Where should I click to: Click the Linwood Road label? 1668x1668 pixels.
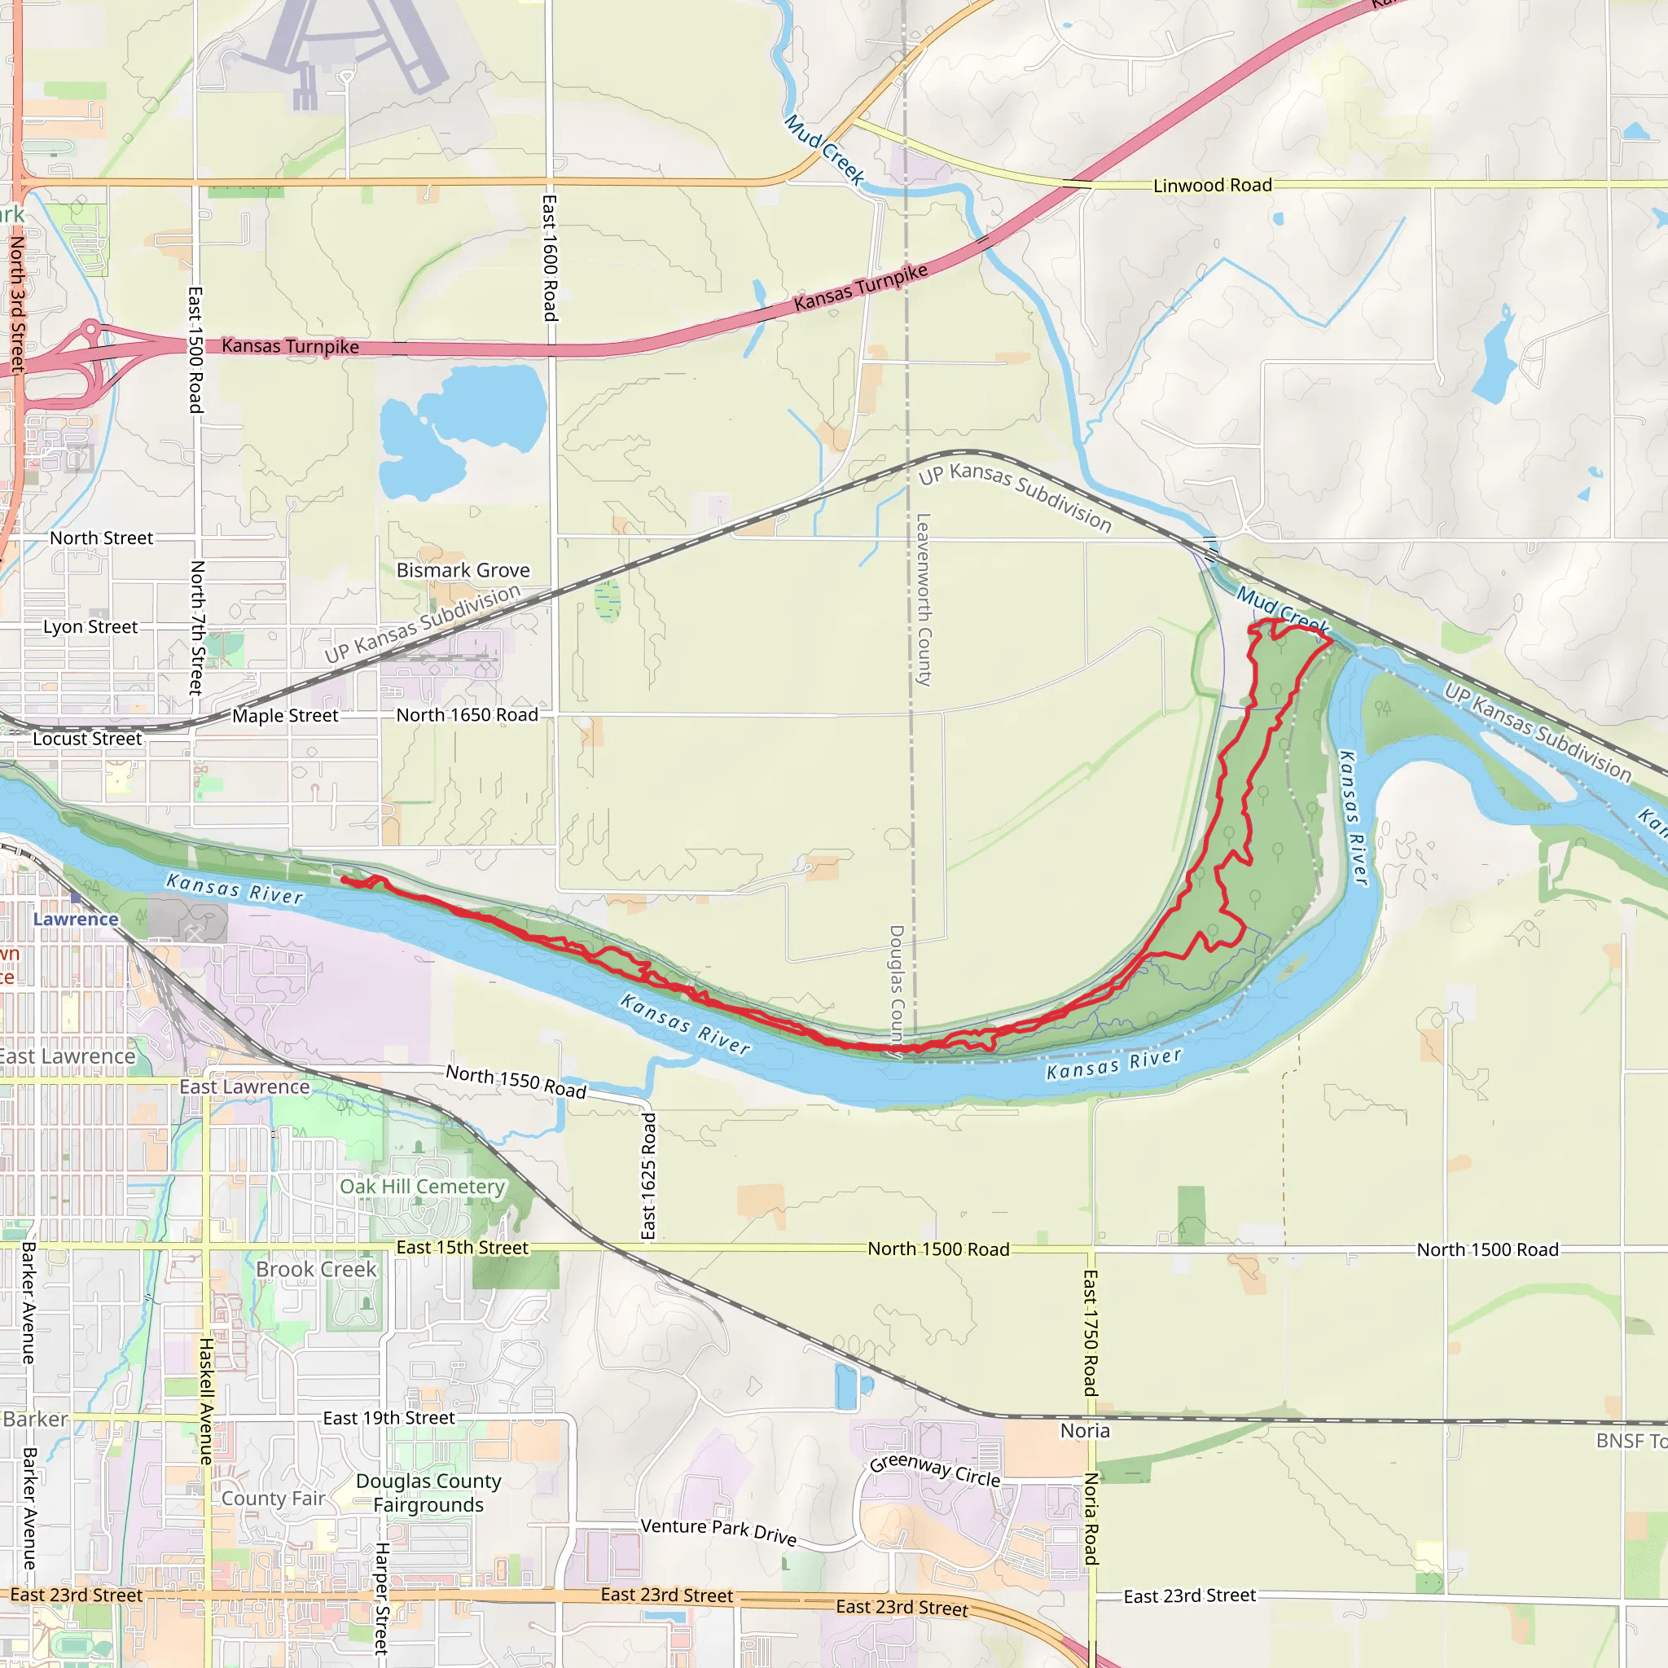(x=1212, y=186)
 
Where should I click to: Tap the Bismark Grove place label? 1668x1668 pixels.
(x=463, y=570)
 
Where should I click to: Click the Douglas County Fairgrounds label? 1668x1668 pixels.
(x=428, y=1493)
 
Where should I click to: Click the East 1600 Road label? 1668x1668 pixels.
(x=549, y=257)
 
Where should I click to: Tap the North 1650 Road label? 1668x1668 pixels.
(x=466, y=715)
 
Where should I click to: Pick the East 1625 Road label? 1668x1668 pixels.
(x=649, y=1176)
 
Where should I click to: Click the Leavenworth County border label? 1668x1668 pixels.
(x=923, y=600)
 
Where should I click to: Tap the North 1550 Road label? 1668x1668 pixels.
(x=516, y=1081)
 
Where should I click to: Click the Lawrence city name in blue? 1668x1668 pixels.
(x=76, y=919)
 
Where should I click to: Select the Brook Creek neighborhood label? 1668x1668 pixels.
(x=316, y=1269)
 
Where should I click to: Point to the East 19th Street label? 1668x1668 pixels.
(x=388, y=1418)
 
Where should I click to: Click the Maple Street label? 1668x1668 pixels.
(x=285, y=716)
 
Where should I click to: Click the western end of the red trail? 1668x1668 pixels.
(x=345, y=879)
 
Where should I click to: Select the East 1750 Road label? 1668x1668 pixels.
(x=1091, y=1332)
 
